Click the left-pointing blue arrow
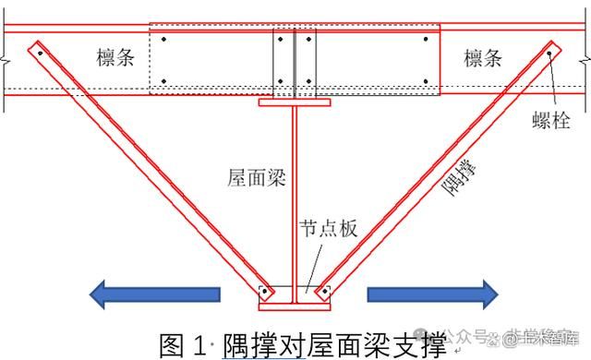155,294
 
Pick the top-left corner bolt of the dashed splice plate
163,42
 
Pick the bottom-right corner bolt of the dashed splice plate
426,81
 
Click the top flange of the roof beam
295,102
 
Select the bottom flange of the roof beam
294,306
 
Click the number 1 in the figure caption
201,344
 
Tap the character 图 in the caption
174,344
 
